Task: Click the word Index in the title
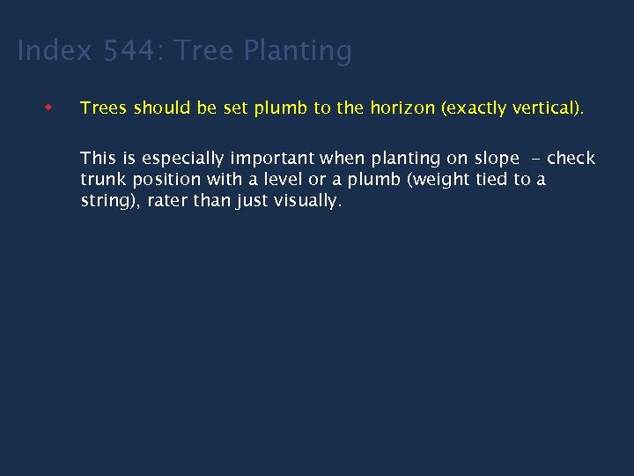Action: coord(54,50)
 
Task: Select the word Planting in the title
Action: coord(298,52)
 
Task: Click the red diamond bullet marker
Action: coord(50,108)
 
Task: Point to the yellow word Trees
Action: coord(103,108)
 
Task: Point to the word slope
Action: coord(497,159)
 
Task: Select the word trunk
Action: coord(101,180)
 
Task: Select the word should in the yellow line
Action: coord(162,108)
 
